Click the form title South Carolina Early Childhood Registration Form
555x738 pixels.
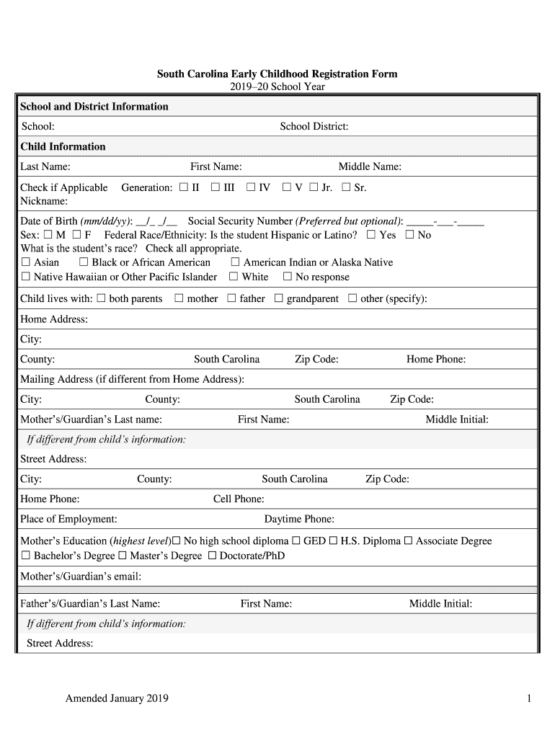(277, 74)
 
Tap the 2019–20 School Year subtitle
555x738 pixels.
(277, 86)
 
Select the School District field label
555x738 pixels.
(314, 127)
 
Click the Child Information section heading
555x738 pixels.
(63, 147)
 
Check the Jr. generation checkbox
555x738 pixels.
(314, 187)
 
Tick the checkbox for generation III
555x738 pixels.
(216, 187)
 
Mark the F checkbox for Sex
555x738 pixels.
(76, 235)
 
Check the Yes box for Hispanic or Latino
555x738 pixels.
(371, 235)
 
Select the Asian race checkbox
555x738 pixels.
(26, 262)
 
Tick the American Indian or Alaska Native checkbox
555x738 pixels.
(235, 262)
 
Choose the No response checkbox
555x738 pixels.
(288, 277)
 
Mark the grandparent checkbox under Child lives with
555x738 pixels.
(278, 298)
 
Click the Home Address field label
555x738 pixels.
(54, 319)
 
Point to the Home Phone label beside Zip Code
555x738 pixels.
(436, 360)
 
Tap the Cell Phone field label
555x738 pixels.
(239, 499)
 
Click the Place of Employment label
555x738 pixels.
(68, 520)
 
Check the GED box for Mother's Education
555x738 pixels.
(296, 541)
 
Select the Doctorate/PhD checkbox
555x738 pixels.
(212, 556)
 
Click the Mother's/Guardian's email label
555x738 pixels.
(81, 577)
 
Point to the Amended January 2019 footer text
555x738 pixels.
(117, 698)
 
